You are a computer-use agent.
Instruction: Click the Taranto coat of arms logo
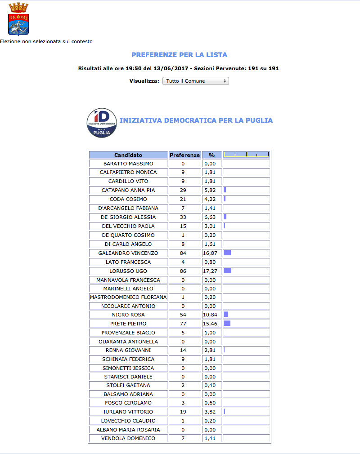18,19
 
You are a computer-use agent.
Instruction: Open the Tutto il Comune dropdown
195,81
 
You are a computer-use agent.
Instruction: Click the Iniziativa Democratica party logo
102,123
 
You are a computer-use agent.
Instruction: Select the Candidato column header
128,155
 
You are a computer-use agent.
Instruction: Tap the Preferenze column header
184,155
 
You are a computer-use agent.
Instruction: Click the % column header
211,155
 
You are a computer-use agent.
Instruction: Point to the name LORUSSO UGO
128,271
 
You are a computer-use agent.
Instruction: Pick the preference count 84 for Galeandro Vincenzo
183,253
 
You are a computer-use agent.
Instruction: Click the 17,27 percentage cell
211,271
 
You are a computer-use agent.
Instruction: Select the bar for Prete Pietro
227,324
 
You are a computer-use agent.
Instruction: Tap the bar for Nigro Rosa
226,315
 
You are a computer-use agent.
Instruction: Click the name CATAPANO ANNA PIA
128,190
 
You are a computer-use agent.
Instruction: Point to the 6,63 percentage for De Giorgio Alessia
211,217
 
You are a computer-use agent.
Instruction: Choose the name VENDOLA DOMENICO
128,438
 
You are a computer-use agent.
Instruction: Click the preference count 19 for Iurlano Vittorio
183,412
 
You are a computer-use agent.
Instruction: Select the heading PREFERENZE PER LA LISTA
179,55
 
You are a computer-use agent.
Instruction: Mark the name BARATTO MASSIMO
128,164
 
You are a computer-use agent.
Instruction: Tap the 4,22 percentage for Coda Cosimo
211,199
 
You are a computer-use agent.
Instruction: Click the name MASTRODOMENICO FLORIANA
128,297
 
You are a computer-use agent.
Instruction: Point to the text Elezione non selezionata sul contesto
46,41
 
